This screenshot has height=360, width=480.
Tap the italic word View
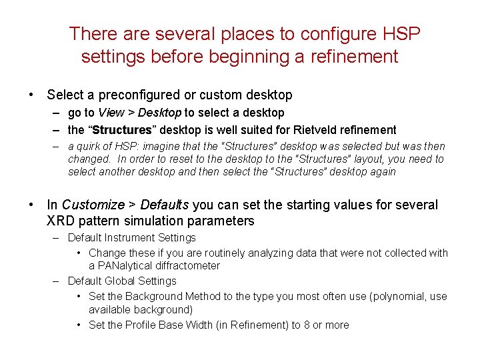coord(111,113)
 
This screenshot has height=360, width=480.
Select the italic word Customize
coord(93,205)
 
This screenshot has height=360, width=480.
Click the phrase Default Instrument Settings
coord(132,237)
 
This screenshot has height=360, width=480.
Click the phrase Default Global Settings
coord(122,281)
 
